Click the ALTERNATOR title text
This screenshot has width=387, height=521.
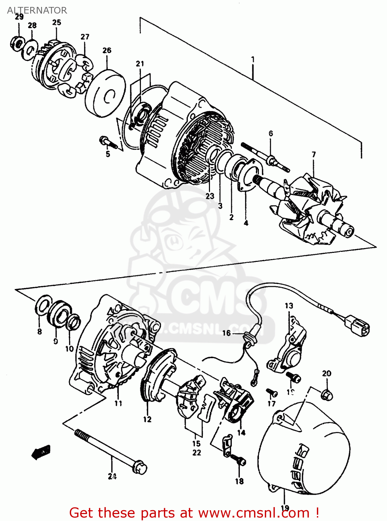pyautogui.click(x=37, y=10)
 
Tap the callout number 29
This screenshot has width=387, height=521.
pyautogui.click(x=19, y=17)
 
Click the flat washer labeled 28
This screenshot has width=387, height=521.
pyautogui.click(x=30, y=49)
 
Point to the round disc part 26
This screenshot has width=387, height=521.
pyautogui.click(x=105, y=93)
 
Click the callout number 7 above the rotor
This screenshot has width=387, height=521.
pyautogui.click(x=314, y=155)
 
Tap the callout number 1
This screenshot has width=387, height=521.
pyautogui.click(x=253, y=59)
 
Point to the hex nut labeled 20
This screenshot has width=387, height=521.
pyautogui.click(x=327, y=395)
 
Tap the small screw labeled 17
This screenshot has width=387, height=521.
pyautogui.click(x=272, y=392)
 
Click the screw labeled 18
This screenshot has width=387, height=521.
pyautogui.click(x=239, y=461)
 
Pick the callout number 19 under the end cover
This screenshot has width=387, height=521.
pyautogui.click(x=285, y=508)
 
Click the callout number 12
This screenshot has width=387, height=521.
pyautogui.click(x=147, y=419)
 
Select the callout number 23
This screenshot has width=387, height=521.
pyautogui.click(x=210, y=196)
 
